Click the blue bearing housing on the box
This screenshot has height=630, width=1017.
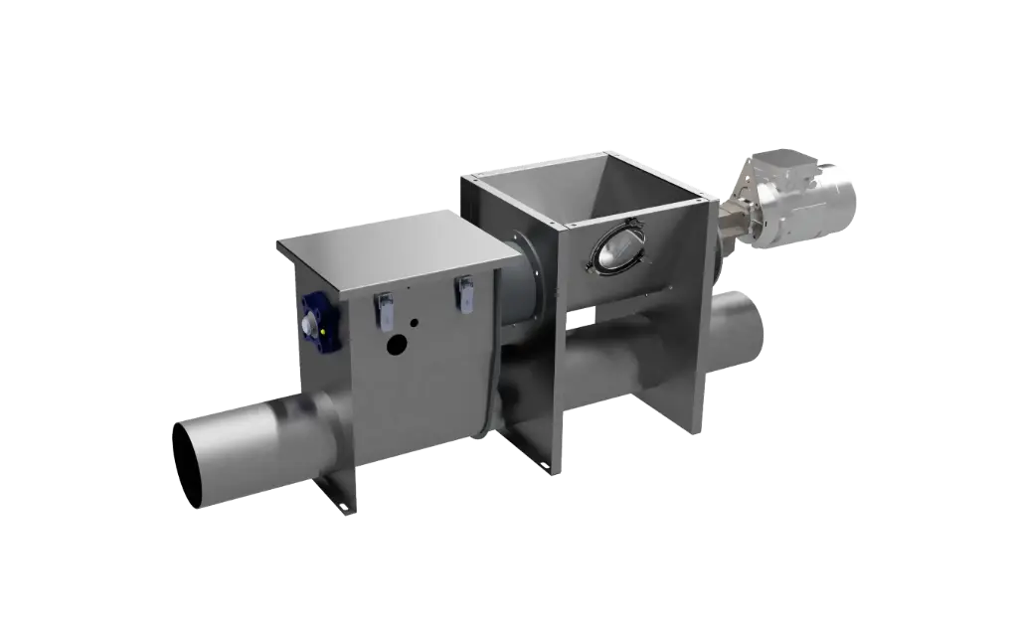(x=320, y=325)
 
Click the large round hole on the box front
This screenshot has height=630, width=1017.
(x=397, y=346)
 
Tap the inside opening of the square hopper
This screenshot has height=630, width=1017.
(x=596, y=183)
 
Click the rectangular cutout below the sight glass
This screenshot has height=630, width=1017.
(x=581, y=317)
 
